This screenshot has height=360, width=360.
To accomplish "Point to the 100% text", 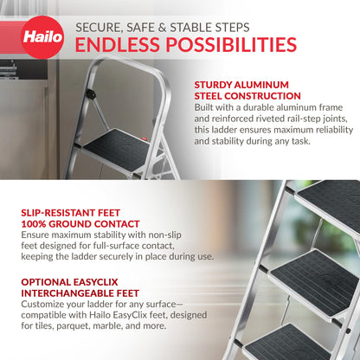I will point(35,222).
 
